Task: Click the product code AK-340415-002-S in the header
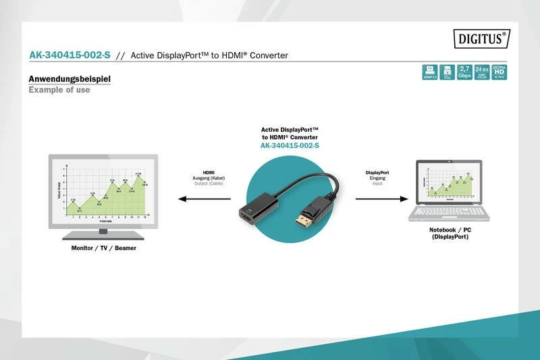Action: pos(70,55)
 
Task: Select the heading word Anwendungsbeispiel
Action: pos(70,79)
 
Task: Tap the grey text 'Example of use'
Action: pos(59,90)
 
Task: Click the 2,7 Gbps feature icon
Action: pos(464,72)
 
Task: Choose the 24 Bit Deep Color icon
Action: pos(482,72)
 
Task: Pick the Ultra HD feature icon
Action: pos(500,72)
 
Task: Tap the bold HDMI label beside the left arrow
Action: pos(208,172)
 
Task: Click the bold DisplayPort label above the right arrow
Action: pos(377,172)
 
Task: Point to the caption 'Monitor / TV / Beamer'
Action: pos(103,249)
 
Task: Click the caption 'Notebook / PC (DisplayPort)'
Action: pos(450,233)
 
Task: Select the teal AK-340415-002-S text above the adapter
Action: pos(290,146)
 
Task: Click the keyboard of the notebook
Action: pos(450,211)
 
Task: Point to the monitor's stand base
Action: pos(103,236)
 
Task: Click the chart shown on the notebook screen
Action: pos(450,182)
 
